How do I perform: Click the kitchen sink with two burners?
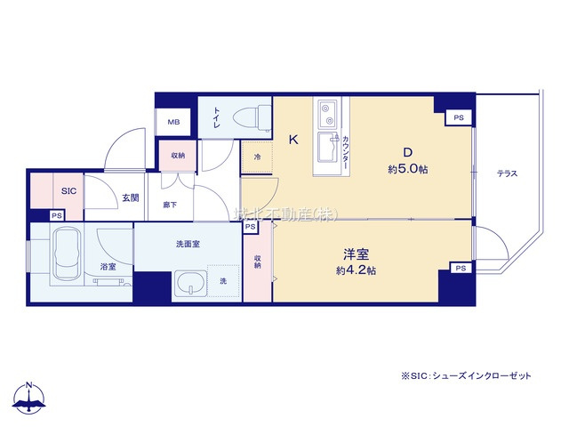326,114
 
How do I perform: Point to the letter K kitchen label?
293,140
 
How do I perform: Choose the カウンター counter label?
344,155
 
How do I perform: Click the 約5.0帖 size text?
406,169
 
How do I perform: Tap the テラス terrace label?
507,173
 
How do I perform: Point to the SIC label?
68,190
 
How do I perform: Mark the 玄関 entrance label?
130,197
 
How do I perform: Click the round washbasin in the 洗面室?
190,284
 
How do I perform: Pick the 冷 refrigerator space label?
257,158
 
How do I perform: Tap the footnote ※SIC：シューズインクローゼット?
466,376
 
